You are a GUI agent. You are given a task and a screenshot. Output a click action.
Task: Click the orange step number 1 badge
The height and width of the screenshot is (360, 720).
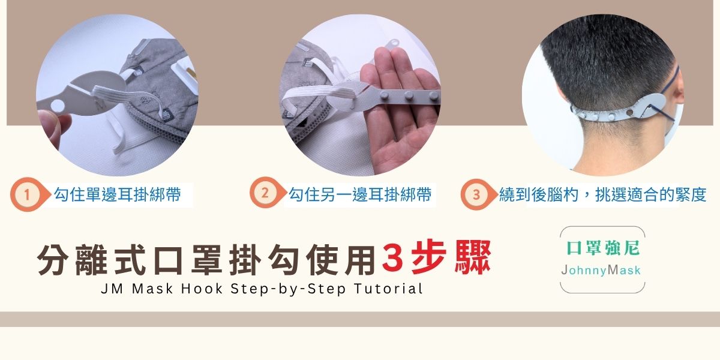tap(28, 194)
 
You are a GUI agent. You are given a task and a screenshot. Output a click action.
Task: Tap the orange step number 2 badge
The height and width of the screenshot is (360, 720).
tap(266, 193)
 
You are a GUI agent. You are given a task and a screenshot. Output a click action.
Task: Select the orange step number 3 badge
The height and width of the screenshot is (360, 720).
tap(477, 194)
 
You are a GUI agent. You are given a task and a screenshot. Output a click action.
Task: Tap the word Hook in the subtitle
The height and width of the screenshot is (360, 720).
tap(202, 289)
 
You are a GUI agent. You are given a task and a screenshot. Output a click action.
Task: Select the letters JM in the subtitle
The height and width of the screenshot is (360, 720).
tap(112, 289)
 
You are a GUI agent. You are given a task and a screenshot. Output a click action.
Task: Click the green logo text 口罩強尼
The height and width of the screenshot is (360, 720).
tap(602, 248)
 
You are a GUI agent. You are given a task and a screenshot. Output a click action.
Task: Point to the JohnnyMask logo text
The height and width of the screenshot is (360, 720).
tap(601, 270)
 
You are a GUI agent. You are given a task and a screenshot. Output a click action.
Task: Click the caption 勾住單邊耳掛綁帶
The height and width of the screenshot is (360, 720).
tap(118, 194)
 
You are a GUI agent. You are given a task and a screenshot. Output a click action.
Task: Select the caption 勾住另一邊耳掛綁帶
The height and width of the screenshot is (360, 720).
tap(359, 194)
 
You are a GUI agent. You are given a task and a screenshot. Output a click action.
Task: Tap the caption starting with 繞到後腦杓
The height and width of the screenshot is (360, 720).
tap(602, 194)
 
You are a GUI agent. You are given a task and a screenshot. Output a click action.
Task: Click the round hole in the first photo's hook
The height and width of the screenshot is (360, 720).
tap(58, 106)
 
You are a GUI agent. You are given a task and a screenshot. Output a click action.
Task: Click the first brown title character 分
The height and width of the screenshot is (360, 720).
tap(53, 260)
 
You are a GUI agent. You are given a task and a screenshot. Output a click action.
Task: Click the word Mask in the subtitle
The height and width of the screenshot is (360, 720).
tap(152, 289)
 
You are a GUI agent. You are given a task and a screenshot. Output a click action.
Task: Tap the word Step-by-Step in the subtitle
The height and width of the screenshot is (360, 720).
tap(288, 289)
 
